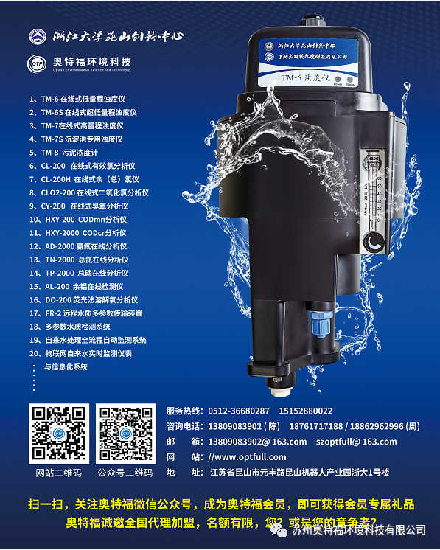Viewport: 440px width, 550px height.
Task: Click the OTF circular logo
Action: tap(37, 64)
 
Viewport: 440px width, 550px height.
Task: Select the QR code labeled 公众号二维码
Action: tap(125, 435)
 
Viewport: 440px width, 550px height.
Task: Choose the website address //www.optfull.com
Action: tap(247, 457)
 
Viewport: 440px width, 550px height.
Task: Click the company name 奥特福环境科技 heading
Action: tap(89, 62)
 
